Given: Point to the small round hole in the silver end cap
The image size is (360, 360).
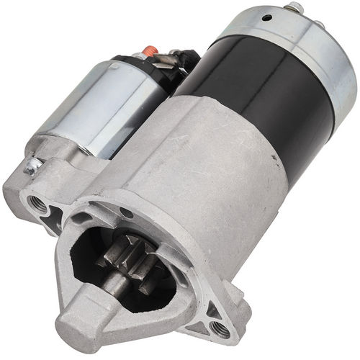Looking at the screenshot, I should point(267,17).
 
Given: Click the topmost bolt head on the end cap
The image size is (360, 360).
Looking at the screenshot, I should point(294,8).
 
